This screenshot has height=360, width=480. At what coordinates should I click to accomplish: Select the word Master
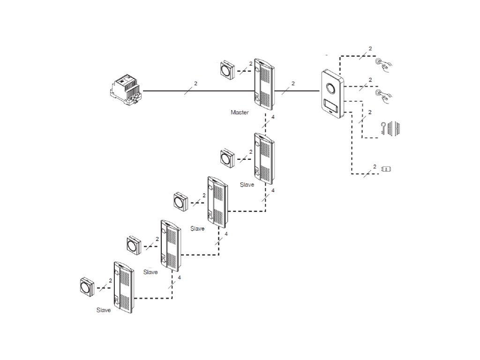(240, 112)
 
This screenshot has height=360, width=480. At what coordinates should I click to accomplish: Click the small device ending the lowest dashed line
(387, 169)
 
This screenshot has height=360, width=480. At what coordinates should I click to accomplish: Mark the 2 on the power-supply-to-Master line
(195, 83)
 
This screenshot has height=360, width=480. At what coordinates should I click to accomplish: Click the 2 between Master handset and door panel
(293, 83)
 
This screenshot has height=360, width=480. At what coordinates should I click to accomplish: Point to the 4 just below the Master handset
(273, 116)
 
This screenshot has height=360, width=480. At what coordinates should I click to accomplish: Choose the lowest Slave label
(104, 310)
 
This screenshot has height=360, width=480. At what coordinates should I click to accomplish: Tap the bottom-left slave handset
(123, 287)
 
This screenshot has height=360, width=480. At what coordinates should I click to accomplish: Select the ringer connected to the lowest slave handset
(88, 286)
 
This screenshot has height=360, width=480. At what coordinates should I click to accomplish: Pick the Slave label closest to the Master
(247, 185)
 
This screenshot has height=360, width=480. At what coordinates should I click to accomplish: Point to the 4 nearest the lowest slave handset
(180, 277)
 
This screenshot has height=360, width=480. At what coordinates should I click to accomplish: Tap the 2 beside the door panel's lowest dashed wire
(375, 166)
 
